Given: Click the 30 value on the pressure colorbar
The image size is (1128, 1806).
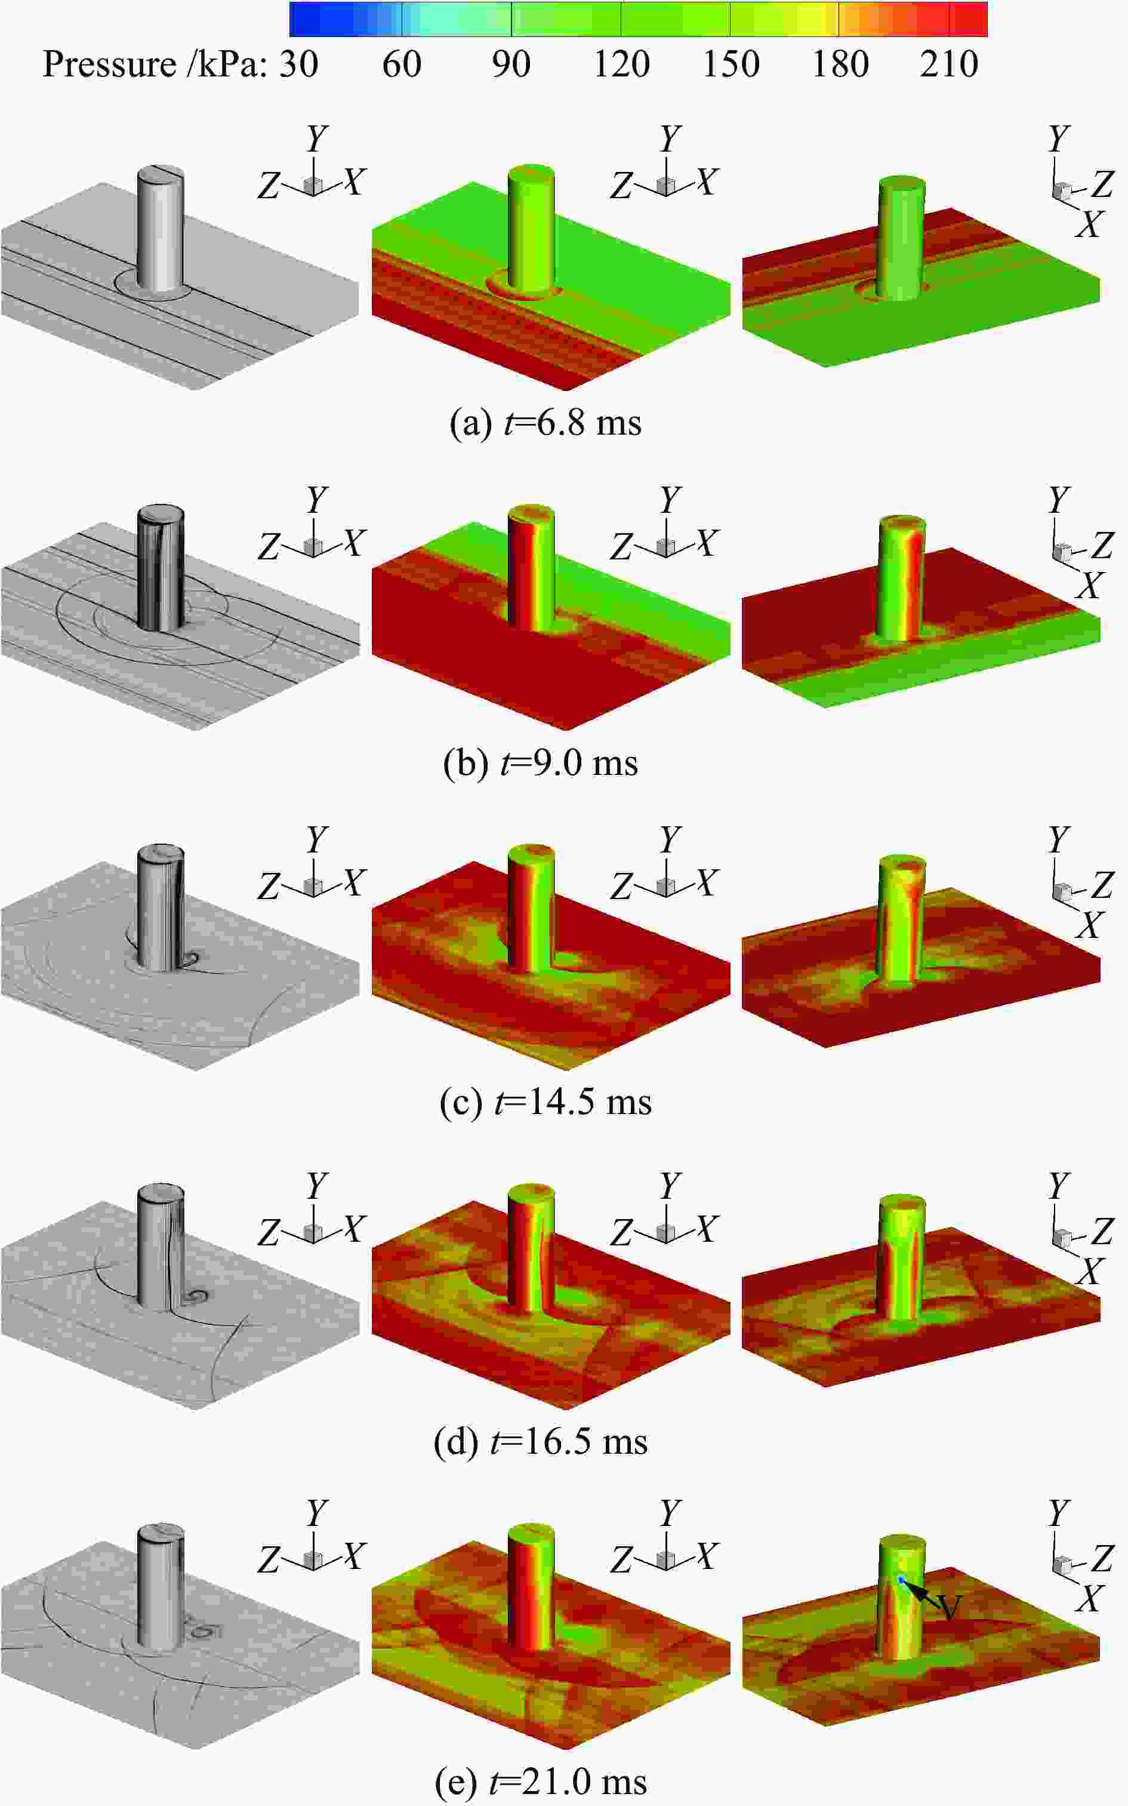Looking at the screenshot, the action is [299, 64].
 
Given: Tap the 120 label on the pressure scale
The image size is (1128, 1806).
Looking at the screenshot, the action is [621, 64].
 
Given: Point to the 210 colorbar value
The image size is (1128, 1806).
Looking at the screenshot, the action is [949, 64].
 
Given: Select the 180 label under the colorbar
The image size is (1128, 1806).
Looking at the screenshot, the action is [840, 64].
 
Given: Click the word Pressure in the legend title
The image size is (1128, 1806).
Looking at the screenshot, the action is [109, 64].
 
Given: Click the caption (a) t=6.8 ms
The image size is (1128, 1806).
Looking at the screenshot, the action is [545, 423].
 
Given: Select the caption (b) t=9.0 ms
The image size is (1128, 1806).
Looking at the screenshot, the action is [541, 763].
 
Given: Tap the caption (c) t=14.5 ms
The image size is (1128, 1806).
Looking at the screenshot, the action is [545, 1102].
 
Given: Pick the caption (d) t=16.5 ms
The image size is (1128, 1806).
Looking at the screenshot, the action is [541, 1441].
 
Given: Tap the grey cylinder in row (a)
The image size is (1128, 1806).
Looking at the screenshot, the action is [161, 228].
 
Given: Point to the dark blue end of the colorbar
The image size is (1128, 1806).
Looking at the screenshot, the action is [298, 19].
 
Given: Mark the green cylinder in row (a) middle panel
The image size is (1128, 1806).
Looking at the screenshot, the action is [531, 232].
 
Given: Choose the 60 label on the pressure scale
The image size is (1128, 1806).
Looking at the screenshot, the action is [401, 64].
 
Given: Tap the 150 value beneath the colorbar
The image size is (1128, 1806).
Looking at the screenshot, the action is [731, 64].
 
